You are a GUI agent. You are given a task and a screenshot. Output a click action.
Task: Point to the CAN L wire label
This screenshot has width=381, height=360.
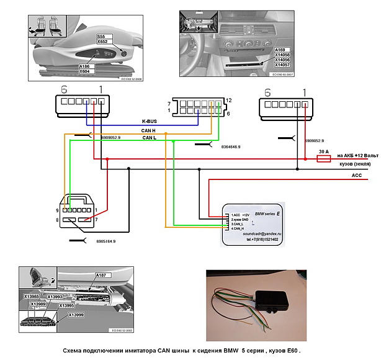[150, 138]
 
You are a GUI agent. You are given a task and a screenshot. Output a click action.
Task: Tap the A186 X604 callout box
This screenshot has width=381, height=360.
[86, 68]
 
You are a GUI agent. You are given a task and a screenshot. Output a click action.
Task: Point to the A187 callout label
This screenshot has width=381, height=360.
[101, 275]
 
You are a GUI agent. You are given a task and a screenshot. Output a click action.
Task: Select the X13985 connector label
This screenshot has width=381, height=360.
[32, 297]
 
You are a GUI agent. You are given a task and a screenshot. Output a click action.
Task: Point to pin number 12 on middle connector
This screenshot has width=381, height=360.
[230, 100]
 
